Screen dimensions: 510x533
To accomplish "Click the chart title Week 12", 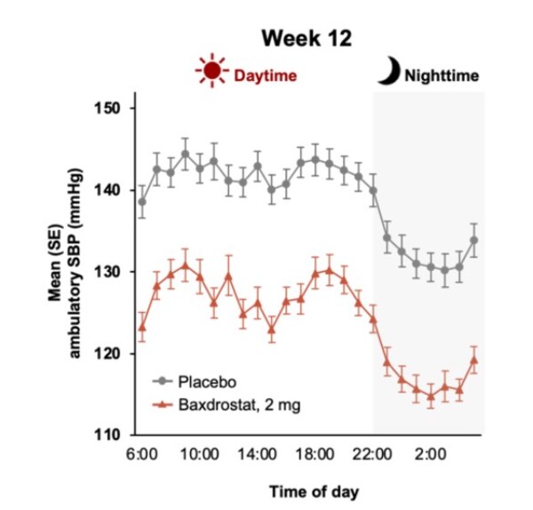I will pos(307,39).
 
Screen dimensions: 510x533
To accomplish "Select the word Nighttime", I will pos(442,76).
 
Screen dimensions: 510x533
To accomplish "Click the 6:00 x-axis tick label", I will pos(142,455).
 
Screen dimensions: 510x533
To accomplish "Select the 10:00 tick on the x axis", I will pos(200,455).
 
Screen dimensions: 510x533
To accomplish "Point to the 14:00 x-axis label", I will pos(258,455).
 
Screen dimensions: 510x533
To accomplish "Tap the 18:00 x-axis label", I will pos(314,455).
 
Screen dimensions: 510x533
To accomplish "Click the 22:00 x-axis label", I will pos(372,455).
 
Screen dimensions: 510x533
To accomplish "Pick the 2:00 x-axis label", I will pos(430,455).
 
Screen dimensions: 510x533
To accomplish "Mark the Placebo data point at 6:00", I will pos(142,202).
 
